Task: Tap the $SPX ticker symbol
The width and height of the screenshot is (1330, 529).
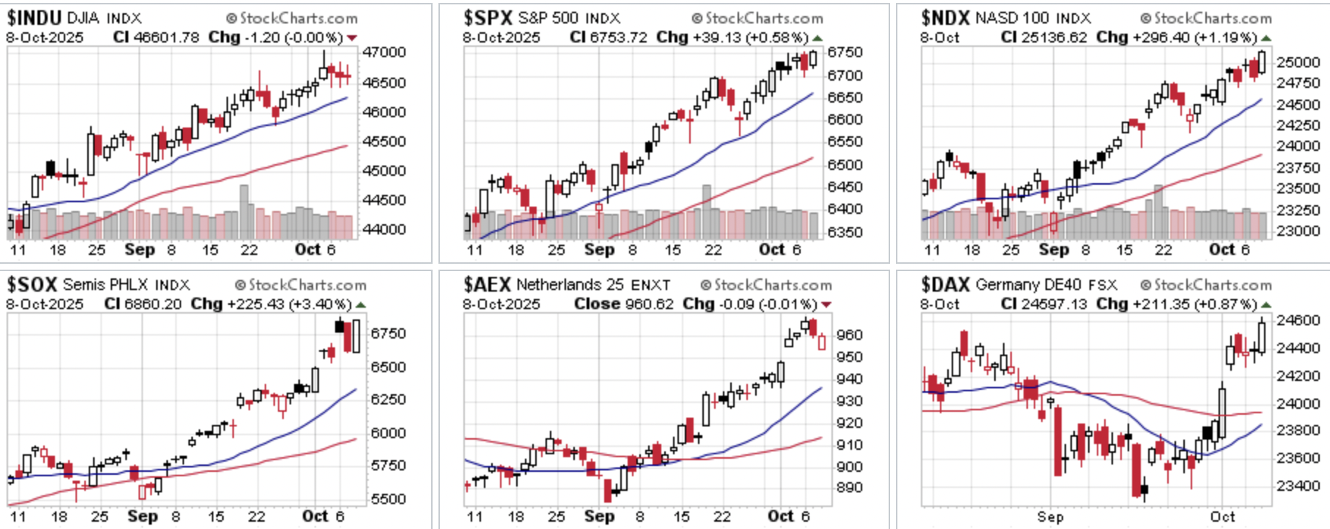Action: click(487, 18)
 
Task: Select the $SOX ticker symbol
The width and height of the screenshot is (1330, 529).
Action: click(32, 284)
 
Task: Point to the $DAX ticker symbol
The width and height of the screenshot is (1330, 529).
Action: click(945, 284)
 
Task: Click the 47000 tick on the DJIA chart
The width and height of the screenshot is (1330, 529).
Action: click(384, 53)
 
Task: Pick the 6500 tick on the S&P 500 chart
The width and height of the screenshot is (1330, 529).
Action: click(845, 165)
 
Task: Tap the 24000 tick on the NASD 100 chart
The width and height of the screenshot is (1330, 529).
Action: click(1298, 146)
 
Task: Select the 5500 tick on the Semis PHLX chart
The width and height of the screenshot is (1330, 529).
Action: click(388, 499)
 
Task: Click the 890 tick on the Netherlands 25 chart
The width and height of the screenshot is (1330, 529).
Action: click(849, 487)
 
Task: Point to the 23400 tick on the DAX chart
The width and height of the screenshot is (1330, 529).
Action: click(1298, 486)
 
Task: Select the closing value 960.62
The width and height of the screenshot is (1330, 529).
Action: click(648, 304)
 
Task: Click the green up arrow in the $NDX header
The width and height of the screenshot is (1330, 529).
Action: click(1266, 38)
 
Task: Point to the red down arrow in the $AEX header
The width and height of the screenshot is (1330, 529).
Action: click(826, 305)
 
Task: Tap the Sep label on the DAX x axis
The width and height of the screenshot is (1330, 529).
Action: click(1050, 517)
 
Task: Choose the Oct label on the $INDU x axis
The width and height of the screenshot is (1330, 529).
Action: click(307, 250)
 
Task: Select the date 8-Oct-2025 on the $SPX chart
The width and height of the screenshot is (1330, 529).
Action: click(501, 37)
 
